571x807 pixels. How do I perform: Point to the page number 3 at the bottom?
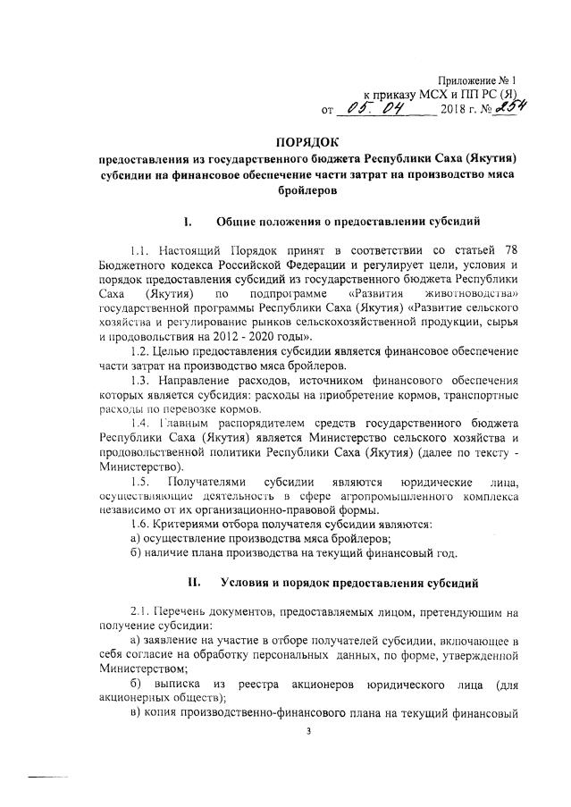click(306, 731)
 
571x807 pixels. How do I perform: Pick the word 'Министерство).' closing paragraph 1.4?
click(140, 465)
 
